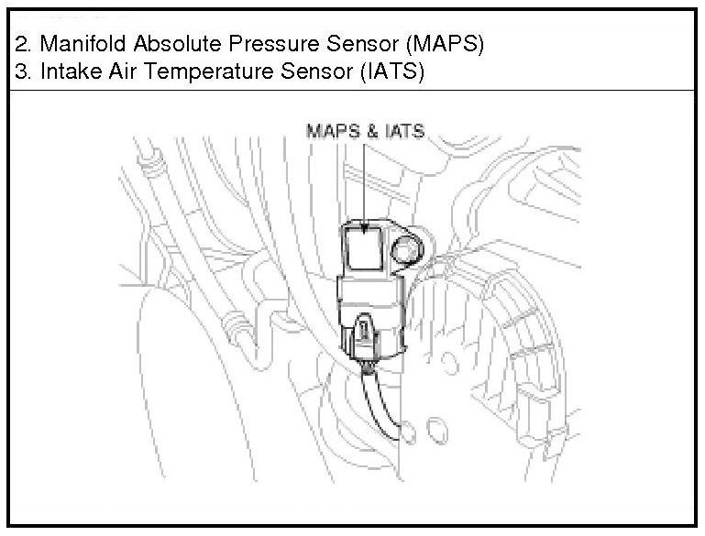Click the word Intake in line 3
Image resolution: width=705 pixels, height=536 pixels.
(x=64, y=73)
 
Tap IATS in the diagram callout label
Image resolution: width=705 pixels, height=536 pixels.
(x=403, y=131)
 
